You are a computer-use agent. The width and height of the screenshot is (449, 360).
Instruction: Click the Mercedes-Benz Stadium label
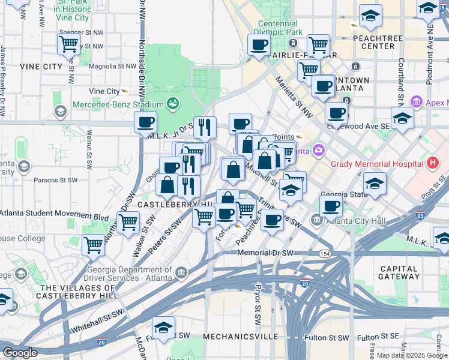(x=118, y=104)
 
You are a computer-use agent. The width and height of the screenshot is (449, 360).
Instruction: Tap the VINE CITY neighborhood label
(x=41, y=66)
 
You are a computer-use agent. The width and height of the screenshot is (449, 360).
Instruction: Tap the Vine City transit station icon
(x=125, y=91)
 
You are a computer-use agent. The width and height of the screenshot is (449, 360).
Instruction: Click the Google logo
(x=20, y=353)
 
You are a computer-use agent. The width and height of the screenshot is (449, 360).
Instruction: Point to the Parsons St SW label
(x=55, y=179)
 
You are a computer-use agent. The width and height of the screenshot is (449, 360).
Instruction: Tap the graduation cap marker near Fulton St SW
(x=163, y=328)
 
